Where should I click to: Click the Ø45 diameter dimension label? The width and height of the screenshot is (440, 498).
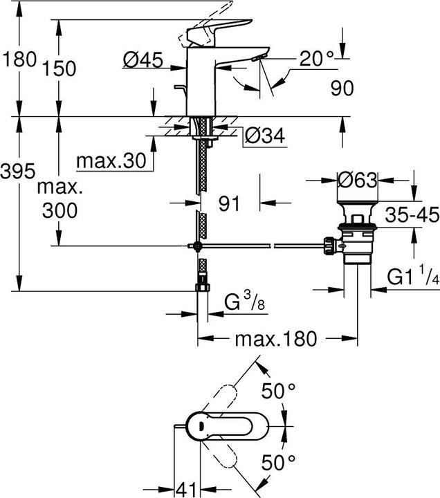(143, 59)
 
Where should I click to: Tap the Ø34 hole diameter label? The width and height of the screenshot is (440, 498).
(265, 136)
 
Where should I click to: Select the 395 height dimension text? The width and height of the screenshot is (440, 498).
(17, 172)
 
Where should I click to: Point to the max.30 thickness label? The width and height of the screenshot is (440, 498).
(111, 161)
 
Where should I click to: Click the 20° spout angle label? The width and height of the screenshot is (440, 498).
(317, 58)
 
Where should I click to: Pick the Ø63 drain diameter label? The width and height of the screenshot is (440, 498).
(358, 180)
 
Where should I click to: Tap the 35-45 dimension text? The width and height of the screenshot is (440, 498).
(412, 215)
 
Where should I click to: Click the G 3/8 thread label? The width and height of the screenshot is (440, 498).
(245, 301)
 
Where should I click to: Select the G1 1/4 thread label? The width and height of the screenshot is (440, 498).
(413, 275)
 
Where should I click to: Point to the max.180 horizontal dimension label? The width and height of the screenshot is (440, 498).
(276, 338)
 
